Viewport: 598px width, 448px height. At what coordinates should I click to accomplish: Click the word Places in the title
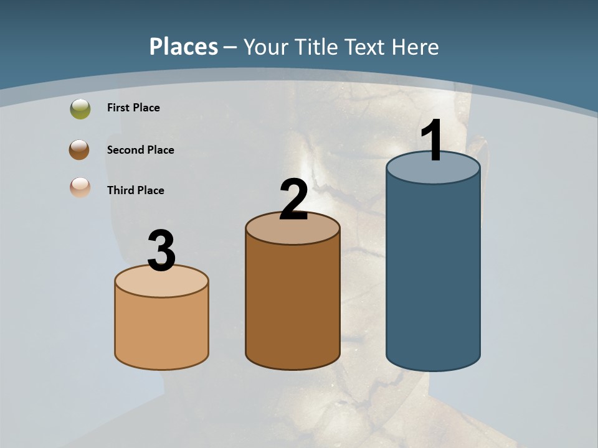[x=184, y=47]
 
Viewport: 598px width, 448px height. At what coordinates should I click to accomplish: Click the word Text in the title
[x=366, y=47]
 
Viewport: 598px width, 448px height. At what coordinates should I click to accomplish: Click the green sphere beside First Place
[x=80, y=109]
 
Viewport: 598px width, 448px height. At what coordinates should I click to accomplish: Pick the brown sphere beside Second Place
[x=79, y=150]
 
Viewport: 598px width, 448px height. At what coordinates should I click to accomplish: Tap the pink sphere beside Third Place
[x=80, y=187]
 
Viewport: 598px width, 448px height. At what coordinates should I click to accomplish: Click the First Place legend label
[x=133, y=108]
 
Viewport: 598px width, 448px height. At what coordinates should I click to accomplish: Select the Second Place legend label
[x=140, y=150]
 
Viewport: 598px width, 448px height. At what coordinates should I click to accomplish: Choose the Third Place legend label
[x=135, y=190]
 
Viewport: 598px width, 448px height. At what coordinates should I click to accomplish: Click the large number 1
[x=432, y=141]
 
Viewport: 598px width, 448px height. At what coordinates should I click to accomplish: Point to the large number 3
[x=161, y=251]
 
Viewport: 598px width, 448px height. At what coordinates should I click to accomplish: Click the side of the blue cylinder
[x=433, y=274]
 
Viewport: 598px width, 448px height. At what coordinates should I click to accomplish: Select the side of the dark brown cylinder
[x=293, y=305]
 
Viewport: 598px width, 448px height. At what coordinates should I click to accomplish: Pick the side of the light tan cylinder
[x=161, y=330]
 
